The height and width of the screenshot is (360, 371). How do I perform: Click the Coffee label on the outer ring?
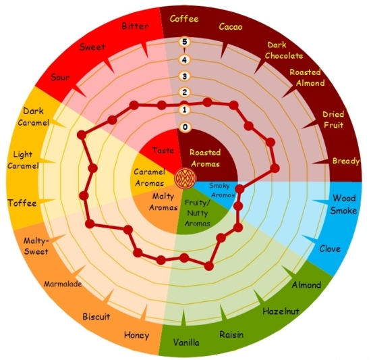(x=184, y=19)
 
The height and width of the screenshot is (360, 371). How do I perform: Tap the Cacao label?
(x=231, y=26)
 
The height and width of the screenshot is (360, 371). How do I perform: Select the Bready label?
(x=346, y=161)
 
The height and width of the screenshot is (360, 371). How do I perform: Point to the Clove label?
(x=330, y=249)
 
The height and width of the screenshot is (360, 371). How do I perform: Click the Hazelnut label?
(x=281, y=311)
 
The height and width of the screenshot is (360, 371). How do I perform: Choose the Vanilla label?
(x=186, y=342)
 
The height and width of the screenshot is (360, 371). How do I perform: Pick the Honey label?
(x=136, y=336)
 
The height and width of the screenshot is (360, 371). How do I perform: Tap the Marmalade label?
(x=63, y=284)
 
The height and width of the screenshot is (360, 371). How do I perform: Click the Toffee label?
(x=22, y=203)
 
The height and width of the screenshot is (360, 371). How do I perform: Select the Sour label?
(x=60, y=77)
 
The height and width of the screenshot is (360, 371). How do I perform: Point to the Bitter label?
(x=135, y=26)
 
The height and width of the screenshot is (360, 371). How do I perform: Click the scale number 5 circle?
(x=185, y=42)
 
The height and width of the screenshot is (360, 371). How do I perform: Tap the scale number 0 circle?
(x=185, y=127)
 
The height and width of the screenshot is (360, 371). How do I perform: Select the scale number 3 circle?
(x=185, y=76)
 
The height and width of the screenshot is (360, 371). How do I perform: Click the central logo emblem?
(x=185, y=178)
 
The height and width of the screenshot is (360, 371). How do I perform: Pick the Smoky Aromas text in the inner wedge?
(x=221, y=190)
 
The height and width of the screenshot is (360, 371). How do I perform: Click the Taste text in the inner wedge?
(x=163, y=151)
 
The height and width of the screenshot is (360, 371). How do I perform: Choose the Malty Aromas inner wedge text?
(x=163, y=202)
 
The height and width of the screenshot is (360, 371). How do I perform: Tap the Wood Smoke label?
(x=344, y=205)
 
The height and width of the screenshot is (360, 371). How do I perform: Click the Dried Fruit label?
(x=333, y=120)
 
